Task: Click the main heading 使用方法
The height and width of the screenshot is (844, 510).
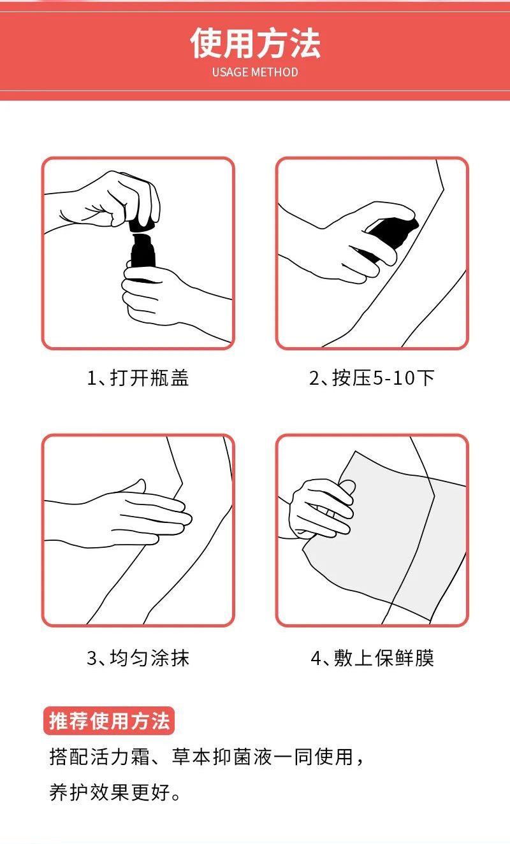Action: [x=255, y=43]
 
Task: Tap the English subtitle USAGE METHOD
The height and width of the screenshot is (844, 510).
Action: [x=255, y=72]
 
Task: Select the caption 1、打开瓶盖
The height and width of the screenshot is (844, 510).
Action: [x=138, y=378]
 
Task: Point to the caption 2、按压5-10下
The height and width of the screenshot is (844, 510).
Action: [x=372, y=378]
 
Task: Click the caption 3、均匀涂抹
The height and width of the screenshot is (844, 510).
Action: [x=138, y=658]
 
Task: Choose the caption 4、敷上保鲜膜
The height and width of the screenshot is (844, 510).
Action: [x=372, y=658]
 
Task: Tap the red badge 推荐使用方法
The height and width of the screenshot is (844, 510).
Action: [x=109, y=721]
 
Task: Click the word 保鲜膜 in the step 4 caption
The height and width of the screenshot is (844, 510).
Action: [x=404, y=658]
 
